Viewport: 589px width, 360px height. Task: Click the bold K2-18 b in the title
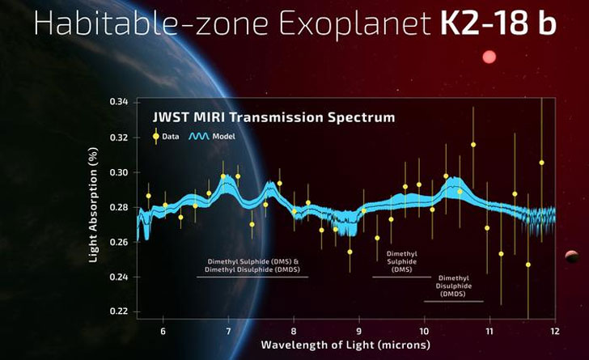(x=498, y=23)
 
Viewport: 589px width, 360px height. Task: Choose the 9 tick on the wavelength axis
(x=358, y=331)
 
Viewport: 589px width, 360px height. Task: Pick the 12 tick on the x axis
(x=554, y=331)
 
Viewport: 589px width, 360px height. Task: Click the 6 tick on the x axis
(x=163, y=331)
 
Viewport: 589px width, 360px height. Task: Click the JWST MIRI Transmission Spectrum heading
(x=274, y=117)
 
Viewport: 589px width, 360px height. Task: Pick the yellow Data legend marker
(x=155, y=137)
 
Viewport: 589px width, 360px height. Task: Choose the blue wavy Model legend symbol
(x=199, y=137)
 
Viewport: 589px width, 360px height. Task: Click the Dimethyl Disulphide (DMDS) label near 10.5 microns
(x=453, y=286)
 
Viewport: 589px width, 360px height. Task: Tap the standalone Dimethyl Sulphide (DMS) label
(x=402, y=261)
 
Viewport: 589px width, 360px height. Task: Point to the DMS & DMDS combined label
(x=252, y=266)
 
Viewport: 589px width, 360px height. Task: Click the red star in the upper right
(x=489, y=57)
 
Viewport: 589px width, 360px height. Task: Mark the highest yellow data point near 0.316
(x=473, y=145)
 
